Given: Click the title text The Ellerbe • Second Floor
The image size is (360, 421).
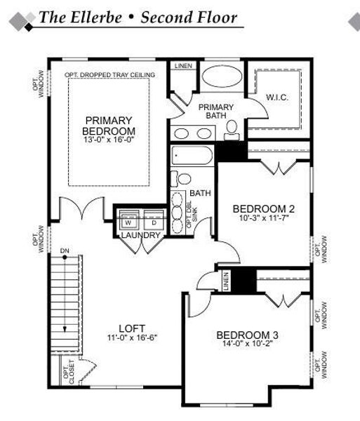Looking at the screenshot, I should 138,18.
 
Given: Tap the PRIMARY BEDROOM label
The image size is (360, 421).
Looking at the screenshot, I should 108,126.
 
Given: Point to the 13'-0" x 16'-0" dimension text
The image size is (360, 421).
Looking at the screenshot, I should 108,140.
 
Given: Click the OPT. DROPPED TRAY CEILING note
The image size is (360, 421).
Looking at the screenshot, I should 109,74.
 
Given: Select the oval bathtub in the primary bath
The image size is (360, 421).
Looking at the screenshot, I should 220,78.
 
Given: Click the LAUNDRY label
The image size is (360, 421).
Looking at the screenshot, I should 141,235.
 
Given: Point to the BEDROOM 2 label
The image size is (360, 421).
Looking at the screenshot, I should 263,208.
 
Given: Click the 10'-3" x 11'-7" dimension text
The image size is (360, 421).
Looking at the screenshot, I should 263,219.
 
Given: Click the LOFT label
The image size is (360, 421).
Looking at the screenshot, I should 132,327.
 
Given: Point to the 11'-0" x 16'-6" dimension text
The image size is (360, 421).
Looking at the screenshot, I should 132,338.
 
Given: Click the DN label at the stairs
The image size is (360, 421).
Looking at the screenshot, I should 65,250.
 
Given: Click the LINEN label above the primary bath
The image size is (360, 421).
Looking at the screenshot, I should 184,65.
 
